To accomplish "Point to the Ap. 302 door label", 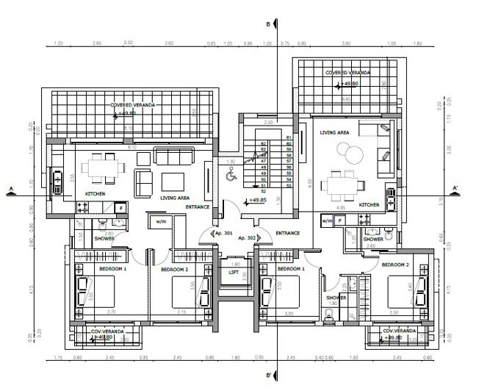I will click(x=246, y=239).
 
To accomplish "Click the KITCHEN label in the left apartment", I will click(x=95, y=193).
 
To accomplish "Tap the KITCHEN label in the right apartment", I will click(x=368, y=205).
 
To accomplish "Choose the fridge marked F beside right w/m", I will click(x=340, y=220).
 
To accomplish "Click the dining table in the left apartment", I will click(x=99, y=168).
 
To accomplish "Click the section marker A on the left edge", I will click(x=10, y=190).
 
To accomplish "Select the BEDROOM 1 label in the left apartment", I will click(x=112, y=269).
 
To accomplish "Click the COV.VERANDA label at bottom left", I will click(x=107, y=331).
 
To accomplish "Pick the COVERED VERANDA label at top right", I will click(x=347, y=73).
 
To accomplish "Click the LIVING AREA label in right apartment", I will click(x=334, y=132).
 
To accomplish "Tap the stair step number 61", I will click(x=289, y=137).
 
